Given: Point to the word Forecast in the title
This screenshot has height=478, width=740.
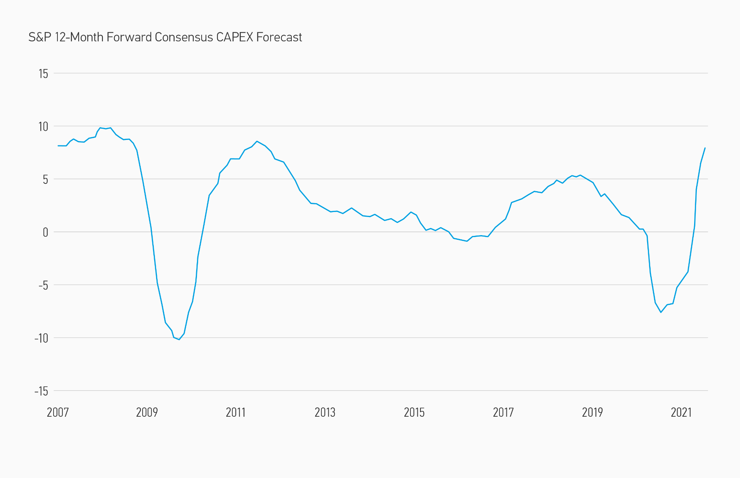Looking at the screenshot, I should (279, 37).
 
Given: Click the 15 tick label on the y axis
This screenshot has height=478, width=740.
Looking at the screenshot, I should (43, 74).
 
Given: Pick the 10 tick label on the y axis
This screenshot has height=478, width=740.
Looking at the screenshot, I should (43, 126).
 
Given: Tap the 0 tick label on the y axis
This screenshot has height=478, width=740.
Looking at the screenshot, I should (45, 232).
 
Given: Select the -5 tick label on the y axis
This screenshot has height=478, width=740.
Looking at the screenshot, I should (43, 285).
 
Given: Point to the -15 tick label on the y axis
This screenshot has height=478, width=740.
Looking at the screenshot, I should (41, 391).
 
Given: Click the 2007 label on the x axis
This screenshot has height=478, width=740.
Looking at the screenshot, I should (58, 412).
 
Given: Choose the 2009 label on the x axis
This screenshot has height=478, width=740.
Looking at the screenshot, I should (147, 412).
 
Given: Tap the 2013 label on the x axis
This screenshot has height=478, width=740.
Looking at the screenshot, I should (325, 412).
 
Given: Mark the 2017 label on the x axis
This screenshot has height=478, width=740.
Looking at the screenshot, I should (503, 412).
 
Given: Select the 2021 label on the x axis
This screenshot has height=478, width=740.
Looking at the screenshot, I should (681, 412).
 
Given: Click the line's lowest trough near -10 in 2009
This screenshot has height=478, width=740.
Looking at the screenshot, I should (179, 339).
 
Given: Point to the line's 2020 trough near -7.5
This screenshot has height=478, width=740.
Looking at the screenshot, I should (661, 312).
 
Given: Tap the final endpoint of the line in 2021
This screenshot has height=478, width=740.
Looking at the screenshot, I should (705, 148).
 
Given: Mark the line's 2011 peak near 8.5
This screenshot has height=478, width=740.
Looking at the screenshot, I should (257, 141).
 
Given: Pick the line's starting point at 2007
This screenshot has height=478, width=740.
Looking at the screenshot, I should (58, 146).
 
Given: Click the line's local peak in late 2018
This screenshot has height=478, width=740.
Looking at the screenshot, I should (580, 175).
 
